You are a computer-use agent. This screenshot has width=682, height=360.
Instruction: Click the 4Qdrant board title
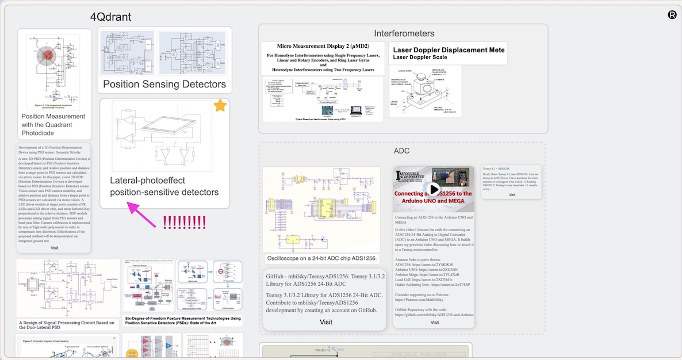118,16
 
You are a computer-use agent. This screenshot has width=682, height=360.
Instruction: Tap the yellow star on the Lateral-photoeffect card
220,106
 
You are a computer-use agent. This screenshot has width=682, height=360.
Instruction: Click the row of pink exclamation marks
184,222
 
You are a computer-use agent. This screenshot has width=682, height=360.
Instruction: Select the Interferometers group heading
404,33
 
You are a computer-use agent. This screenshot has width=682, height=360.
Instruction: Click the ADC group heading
401,151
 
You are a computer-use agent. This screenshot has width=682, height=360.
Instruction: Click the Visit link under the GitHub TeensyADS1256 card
325,322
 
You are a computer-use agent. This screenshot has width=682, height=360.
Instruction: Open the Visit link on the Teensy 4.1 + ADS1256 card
512,194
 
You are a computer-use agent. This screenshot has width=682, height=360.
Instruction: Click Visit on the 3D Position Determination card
55,248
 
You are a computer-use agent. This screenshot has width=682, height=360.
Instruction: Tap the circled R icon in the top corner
672,15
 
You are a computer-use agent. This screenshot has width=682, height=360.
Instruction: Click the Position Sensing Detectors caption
164,85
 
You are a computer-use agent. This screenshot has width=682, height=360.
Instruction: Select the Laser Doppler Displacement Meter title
449,50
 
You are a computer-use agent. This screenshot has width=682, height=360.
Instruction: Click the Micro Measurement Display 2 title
323,45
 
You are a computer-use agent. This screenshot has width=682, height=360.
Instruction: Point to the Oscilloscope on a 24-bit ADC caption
321,259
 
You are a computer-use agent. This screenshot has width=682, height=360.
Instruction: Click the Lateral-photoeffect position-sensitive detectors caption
164,186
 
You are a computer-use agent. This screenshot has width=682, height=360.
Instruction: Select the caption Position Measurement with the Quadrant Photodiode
53,124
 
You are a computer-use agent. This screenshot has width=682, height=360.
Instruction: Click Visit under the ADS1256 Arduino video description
434,323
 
